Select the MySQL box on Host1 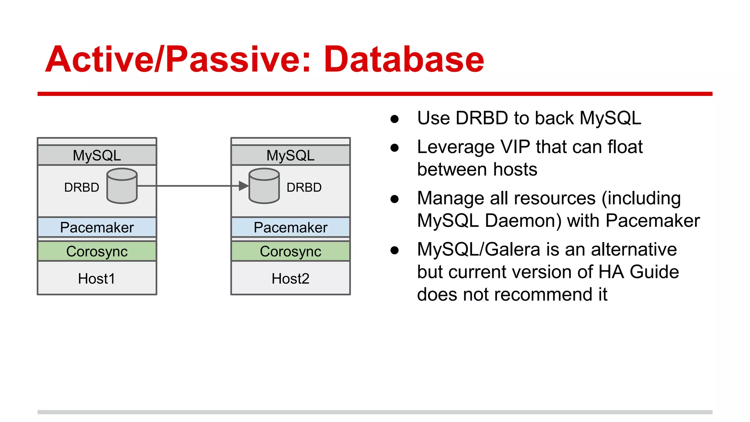(x=97, y=155)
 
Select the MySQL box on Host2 (x=290, y=155)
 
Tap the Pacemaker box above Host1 (x=97, y=227)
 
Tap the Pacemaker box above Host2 (x=290, y=227)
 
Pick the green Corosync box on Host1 (x=97, y=251)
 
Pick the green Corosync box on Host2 (x=290, y=251)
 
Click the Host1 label (x=96, y=279)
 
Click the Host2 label (x=290, y=279)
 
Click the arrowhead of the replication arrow (x=243, y=186)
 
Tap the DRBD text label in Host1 (x=81, y=188)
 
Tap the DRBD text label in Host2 (x=304, y=188)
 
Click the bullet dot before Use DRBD (x=394, y=119)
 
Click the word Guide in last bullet (x=654, y=272)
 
